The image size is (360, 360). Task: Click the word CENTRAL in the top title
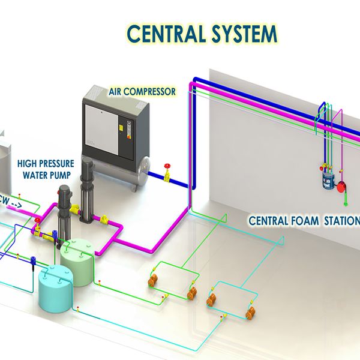point(166,34)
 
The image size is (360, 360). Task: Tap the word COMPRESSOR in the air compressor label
point(149,92)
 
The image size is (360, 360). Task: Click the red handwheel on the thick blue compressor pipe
point(167,166)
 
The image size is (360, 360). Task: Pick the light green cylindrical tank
point(77,262)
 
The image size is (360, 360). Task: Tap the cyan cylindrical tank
point(56,288)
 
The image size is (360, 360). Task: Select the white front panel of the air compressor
point(102,130)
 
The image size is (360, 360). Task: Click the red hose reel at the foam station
point(341,187)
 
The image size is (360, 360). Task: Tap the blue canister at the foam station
point(328,181)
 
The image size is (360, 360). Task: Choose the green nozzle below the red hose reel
point(346,203)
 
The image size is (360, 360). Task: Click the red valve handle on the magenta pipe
point(37,220)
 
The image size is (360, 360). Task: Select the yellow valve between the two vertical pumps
point(75,209)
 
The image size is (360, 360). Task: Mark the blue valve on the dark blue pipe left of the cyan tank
point(33,260)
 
